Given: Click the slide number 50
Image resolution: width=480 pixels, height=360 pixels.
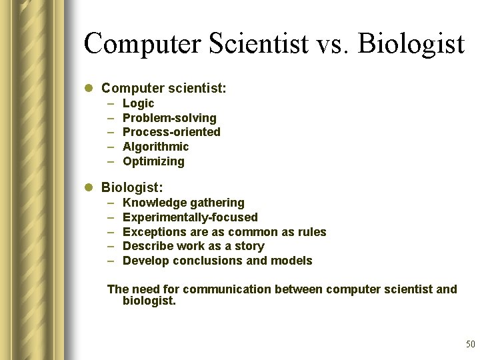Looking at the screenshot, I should tap(470, 345).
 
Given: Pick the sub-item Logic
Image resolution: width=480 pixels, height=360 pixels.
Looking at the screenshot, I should tap(138, 103).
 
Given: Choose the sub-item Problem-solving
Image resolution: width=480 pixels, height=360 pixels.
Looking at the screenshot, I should tap(169, 118).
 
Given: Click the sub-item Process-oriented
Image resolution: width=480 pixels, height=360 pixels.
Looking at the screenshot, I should tap(171, 132).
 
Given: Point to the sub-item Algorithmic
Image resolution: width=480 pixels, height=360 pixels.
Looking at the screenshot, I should tap(156, 147).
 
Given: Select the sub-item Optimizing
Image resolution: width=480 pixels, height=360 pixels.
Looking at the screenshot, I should tap(153, 161).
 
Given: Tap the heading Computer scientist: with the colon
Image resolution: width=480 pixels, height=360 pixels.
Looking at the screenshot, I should tap(164, 87).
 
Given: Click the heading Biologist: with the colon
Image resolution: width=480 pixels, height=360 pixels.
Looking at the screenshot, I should tap(132, 187).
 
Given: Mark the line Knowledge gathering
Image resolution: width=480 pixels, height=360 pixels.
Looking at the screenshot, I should tap(183, 203).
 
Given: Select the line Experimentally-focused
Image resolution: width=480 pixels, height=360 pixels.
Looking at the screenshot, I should tap(190, 217).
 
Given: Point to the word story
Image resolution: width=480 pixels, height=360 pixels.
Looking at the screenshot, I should tap(249, 246).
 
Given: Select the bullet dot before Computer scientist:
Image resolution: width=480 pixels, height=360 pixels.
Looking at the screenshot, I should tap(90, 88).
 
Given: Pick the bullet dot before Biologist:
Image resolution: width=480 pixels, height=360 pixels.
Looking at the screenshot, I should tap(90, 188).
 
